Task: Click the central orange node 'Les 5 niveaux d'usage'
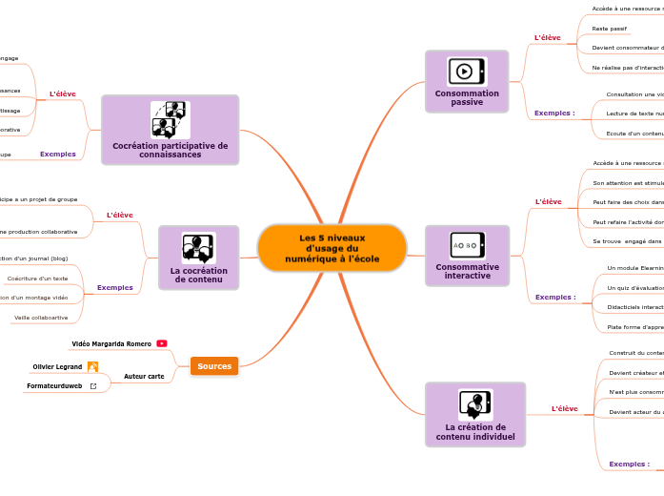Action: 332,248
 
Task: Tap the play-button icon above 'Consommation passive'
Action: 464,71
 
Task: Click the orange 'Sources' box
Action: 214,366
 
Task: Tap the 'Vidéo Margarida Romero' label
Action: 111,343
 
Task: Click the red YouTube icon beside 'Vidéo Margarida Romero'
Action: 162,343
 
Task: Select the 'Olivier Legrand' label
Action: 57,366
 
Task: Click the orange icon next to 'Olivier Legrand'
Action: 92,366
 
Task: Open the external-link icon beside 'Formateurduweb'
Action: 92,386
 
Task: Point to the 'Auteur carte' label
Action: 144,376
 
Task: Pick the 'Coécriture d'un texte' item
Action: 37,279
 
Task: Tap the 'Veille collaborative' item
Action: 40,318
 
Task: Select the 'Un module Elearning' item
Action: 634,268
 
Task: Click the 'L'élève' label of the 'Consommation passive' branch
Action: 548,38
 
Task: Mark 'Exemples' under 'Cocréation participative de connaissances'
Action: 58,154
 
